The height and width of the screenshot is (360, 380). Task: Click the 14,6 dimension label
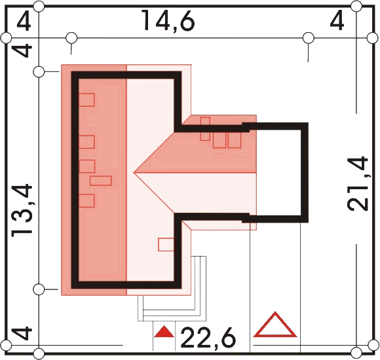[168, 21]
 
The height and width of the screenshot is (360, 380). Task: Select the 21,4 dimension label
[358, 184]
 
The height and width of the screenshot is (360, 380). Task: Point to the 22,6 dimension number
[208, 337]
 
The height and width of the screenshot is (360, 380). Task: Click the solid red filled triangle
[164, 332]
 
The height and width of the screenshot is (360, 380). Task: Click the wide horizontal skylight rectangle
[101, 181]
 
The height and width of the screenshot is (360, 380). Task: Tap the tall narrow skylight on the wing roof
[205, 128]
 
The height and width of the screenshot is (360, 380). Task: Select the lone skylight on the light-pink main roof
[166, 245]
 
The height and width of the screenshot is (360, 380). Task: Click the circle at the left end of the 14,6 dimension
[71, 38]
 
